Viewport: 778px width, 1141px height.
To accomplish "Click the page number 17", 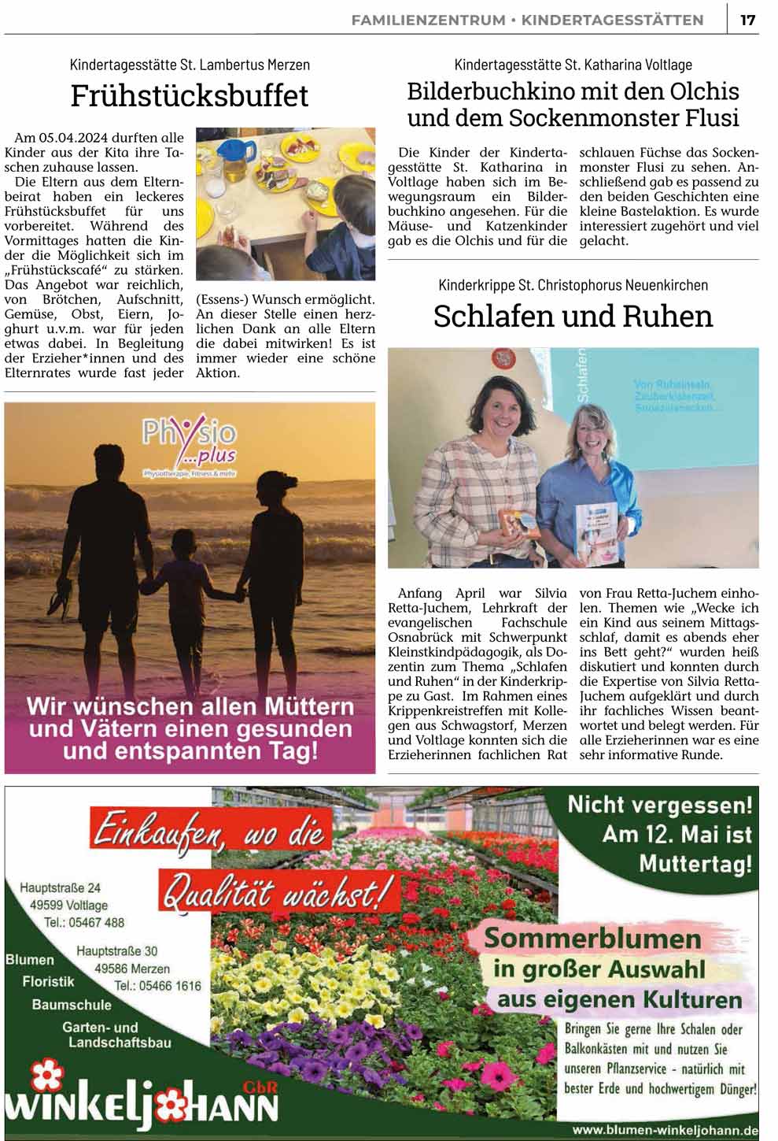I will click(x=747, y=20).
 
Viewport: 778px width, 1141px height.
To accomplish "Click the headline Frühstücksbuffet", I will click(x=190, y=96).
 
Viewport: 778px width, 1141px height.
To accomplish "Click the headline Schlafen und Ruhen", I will click(x=573, y=316).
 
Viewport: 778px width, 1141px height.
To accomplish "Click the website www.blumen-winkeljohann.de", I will click(x=666, y=1130).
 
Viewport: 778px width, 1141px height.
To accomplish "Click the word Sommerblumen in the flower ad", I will click(x=592, y=938).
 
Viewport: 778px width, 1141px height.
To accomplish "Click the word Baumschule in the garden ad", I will click(x=72, y=1005).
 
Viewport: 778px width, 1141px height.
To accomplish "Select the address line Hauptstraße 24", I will click(x=60, y=887).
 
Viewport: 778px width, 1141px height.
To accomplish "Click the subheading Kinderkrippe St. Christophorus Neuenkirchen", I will click(x=573, y=285).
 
